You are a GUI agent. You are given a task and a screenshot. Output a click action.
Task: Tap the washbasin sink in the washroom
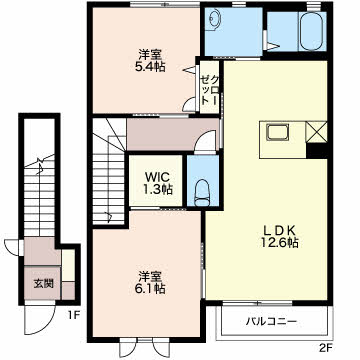coord(212,20)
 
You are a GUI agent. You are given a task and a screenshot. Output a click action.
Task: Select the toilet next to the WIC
coord(202,193)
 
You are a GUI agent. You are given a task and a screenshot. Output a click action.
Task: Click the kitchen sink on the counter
coord(277,133)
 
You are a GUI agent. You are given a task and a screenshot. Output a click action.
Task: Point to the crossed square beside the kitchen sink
coord(316,131)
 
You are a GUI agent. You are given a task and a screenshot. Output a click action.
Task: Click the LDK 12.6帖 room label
coord(279,236)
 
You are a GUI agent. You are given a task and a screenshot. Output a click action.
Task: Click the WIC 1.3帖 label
coord(157,183)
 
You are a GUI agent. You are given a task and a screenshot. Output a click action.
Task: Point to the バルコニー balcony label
coord(271,322)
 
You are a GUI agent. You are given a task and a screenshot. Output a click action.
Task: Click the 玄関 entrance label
coord(43,284)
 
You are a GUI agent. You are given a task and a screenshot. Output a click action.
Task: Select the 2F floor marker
coord(326,349)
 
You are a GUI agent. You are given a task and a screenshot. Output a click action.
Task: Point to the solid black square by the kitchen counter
coord(317,150)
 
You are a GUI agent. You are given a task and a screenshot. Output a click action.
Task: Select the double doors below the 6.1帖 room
coord(145,348)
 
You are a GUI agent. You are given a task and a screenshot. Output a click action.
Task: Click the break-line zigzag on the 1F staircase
coord(40,164)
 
